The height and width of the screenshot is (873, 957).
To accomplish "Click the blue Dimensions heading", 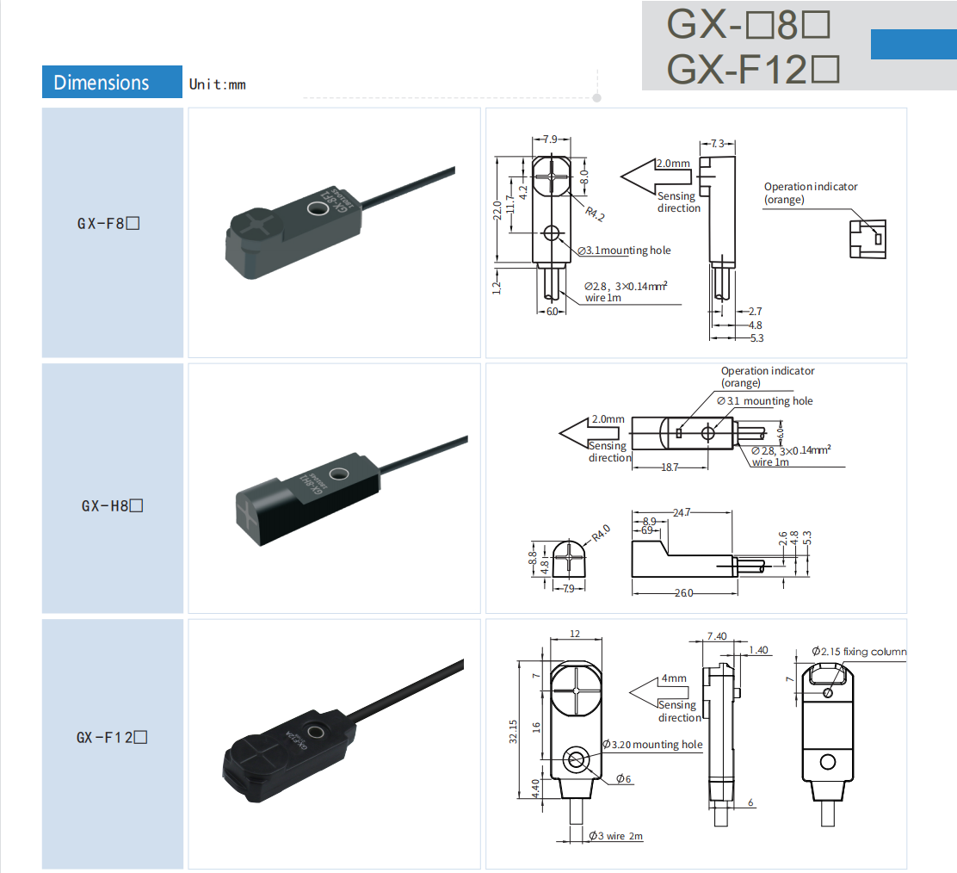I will pos(102,83).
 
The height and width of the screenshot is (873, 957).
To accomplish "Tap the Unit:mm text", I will pos(218,84).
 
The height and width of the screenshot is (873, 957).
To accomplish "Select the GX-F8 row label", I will pos(108,224).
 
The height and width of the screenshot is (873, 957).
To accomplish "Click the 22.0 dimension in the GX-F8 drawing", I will pos(497,210).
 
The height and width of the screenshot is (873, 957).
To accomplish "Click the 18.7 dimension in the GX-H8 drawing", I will pos(669,467).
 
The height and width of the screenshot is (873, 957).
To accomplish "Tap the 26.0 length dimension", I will pos(683,593).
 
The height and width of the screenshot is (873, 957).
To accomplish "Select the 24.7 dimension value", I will pos(682,512).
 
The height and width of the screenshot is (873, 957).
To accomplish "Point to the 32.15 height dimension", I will pos(514,731).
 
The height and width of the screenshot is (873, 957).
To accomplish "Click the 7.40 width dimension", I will pos(716,636).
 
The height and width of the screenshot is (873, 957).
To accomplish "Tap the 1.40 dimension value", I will pos(758,650).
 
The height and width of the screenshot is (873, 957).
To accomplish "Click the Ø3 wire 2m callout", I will pos(616,836).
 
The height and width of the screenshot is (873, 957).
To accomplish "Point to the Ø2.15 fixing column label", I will pos(859,652).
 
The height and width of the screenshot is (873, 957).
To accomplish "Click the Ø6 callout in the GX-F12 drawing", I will pos(623,779).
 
